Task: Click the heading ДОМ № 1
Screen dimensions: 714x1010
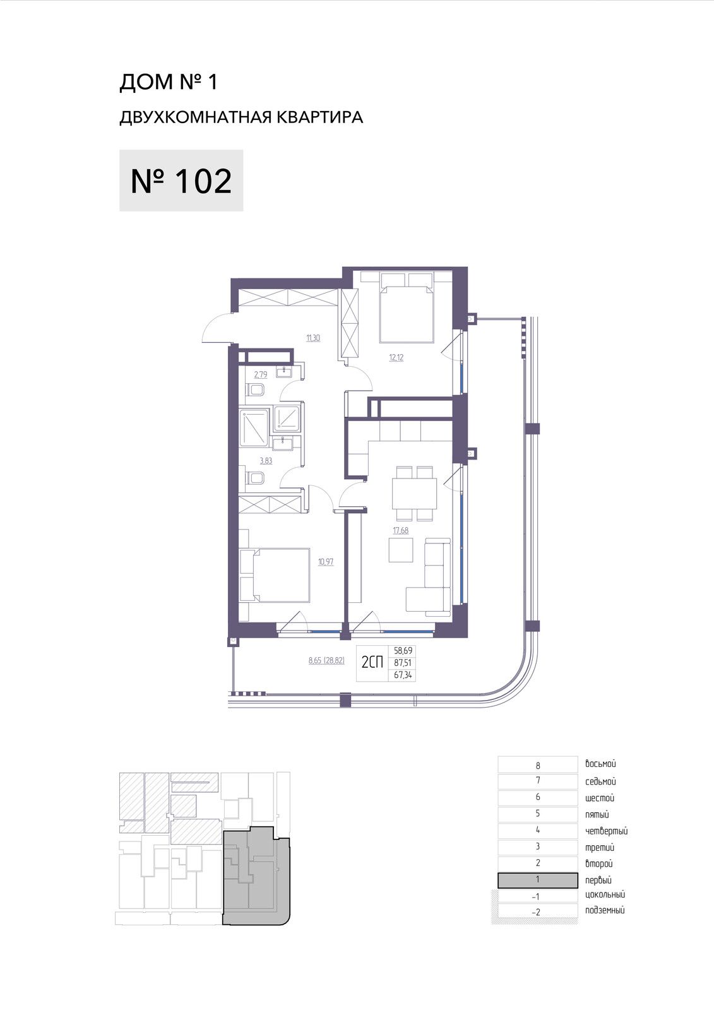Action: pyautogui.click(x=168, y=82)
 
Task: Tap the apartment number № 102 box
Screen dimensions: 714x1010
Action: pyautogui.click(x=181, y=181)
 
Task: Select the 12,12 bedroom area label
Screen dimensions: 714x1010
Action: pyautogui.click(x=396, y=357)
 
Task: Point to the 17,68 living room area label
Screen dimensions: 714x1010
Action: pyautogui.click(x=400, y=530)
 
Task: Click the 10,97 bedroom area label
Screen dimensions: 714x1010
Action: pyautogui.click(x=326, y=562)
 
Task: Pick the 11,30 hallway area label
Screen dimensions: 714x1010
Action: pyautogui.click(x=313, y=338)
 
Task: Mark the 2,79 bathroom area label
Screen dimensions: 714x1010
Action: pyautogui.click(x=261, y=374)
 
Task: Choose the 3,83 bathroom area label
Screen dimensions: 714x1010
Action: pyautogui.click(x=266, y=461)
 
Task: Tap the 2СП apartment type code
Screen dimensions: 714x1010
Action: pyautogui.click(x=372, y=662)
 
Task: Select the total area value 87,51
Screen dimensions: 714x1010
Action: pyautogui.click(x=402, y=663)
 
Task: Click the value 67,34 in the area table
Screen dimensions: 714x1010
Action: pyautogui.click(x=402, y=675)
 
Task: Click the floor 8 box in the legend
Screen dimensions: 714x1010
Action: pyautogui.click(x=538, y=765)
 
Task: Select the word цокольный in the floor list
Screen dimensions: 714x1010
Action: pyautogui.click(x=605, y=894)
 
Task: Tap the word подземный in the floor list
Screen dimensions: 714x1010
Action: pyautogui.click(x=605, y=910)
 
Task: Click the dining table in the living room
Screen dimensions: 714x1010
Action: pyautogui.click(x=415, y=493)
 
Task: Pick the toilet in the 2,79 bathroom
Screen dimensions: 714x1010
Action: pyautogui.click(x=256, y=389)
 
